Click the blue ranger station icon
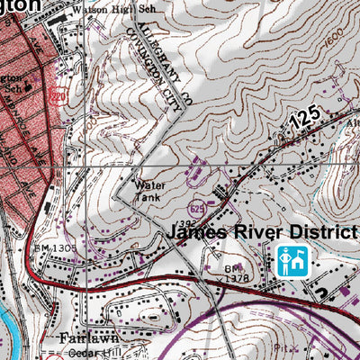coord(292,260)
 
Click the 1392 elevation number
coord(186,221)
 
